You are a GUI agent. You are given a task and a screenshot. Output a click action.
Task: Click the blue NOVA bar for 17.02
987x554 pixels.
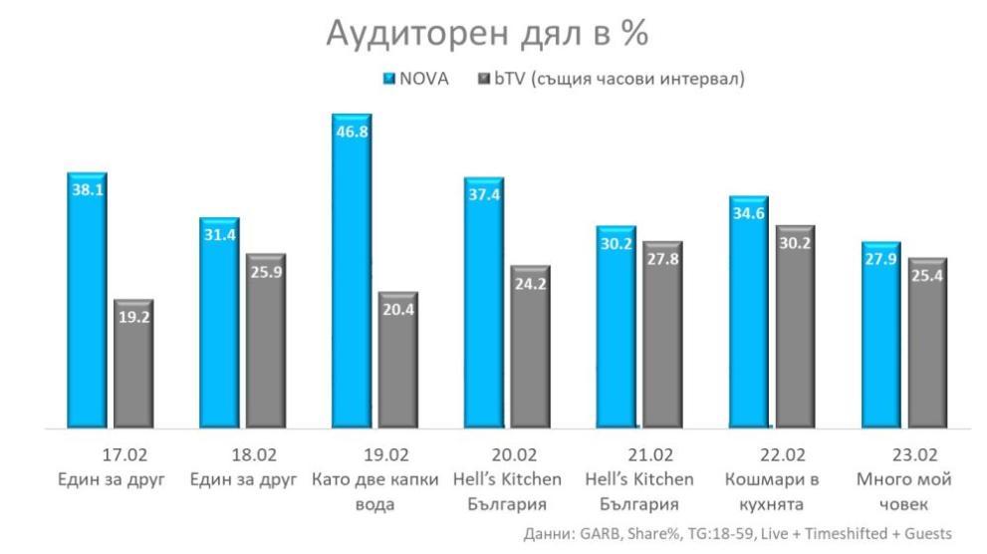point(88,299)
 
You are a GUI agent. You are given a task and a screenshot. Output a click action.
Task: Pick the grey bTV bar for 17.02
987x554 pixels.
point(133,365)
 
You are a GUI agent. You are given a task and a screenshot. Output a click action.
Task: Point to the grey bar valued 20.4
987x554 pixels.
point(398,361)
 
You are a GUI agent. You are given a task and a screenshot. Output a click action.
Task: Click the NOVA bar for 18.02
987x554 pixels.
point(219,323)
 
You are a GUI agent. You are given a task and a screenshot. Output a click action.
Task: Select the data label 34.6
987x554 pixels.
point(749,213)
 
